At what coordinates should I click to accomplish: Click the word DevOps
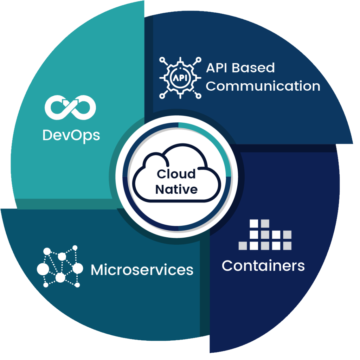71,135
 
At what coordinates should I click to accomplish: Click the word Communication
263,86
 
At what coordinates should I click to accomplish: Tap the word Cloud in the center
176,174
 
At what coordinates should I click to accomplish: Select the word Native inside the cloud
176,189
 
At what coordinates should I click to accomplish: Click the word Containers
263,265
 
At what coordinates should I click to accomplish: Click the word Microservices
142,270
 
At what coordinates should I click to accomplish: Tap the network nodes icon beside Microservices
60,267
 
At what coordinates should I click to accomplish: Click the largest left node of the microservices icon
43,269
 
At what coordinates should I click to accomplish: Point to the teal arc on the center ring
214,141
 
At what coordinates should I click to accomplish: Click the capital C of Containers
228,265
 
